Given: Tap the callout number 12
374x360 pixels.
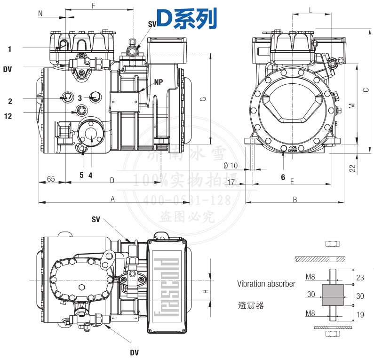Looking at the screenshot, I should click(8, 116).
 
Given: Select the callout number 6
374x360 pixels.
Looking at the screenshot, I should click(283, 177).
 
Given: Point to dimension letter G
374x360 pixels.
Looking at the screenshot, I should click(203, 99).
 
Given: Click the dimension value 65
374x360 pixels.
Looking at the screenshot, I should click(51, 179).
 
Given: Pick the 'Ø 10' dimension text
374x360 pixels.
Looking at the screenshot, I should click(231, 165).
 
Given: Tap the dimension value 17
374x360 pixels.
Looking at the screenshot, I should click(231, 182).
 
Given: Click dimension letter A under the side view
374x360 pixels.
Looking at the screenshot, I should click(113, 199).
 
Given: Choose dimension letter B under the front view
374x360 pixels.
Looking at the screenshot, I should click(295, 200).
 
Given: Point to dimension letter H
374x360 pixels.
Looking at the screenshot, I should click(205, 291).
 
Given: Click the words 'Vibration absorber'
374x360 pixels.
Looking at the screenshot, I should click(266, 284).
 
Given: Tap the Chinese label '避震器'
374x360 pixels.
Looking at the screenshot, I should click(251, 306).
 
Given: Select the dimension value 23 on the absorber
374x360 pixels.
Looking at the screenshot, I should click(360, 278).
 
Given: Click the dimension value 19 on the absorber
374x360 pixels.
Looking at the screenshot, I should click(360, 315).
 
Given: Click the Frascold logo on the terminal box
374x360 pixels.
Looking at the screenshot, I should click(167, 287).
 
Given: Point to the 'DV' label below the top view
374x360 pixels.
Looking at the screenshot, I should click(134, 352).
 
